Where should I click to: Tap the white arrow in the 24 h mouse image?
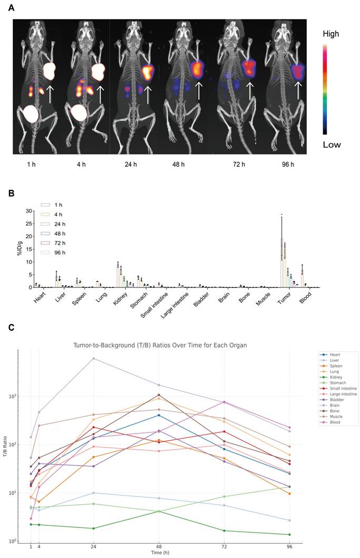[148, 94]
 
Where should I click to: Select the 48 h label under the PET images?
[178, 165]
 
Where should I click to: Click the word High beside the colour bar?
[331, 34]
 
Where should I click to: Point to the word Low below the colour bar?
[332, 145]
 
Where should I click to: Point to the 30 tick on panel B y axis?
[29, 210]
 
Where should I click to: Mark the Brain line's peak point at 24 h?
[93, 359]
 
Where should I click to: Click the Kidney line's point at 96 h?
[289, 534]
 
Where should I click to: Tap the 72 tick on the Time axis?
[224, 547]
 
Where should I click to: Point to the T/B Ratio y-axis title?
[6, 447]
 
